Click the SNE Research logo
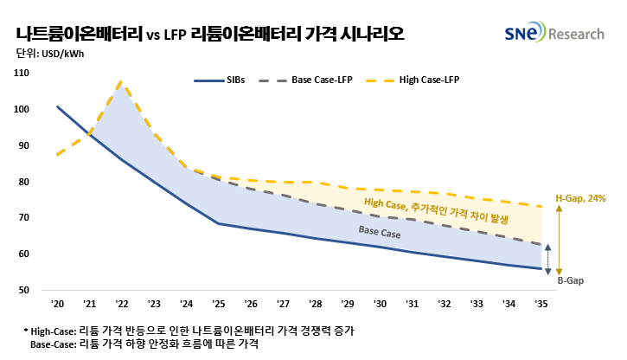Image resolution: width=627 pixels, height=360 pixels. tap(555, 34)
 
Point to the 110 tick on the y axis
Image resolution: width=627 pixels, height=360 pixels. tap(22, 74)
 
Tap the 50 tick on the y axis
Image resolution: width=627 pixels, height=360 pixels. tap(25, 290)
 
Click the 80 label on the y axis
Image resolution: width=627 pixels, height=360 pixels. tap(25, 182)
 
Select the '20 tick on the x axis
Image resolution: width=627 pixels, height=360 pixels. tap(57, 305)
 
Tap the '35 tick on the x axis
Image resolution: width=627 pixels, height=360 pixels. tap(541, 305)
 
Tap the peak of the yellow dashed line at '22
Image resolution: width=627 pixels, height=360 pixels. tap(121, 82)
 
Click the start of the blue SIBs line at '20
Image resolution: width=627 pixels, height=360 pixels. tap(57, 107)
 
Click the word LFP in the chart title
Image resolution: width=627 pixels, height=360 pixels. tap(174, 35)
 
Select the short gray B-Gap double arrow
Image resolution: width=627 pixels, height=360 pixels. tap(547, 259)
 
